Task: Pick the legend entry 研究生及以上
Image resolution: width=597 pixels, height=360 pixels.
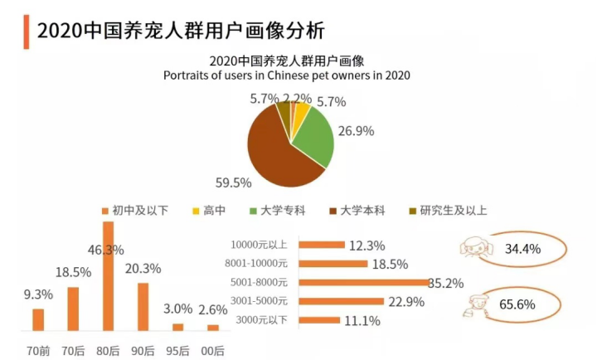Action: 447,210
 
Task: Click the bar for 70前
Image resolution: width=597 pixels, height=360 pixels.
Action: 38,319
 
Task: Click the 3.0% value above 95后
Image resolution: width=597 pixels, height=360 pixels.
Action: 177,309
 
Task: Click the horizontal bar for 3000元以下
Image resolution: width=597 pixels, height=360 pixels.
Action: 319,320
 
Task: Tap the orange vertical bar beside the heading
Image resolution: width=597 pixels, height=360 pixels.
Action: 27,31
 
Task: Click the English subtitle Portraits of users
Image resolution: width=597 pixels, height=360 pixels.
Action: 287,75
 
